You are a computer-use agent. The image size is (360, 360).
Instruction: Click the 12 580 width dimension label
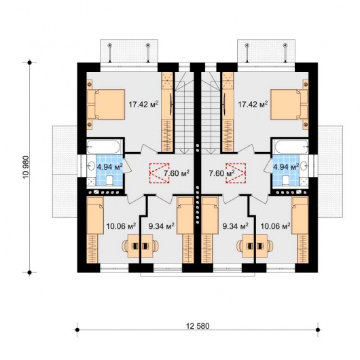tap(198, 326)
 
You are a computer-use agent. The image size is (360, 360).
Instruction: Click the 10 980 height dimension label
tap(26, 167)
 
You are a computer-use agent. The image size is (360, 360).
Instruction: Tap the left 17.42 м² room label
tap(143, 105)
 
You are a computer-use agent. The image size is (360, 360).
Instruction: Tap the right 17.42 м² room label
tap(253, 105)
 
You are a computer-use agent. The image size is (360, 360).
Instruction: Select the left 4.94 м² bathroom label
tap(110, 166)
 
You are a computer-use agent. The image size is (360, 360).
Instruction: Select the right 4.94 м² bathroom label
tap(286, 166)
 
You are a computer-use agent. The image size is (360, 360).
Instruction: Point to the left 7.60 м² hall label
tap(177, 173)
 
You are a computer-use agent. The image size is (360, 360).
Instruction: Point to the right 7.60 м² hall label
tap(221, 173)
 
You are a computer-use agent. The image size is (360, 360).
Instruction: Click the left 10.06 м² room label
tap(121, 226)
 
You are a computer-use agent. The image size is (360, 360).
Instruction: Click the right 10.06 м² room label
tap(275, 226)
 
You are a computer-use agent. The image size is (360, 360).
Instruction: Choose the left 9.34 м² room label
tap(161, 226)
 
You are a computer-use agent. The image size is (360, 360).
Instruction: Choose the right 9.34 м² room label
tap(236, 226)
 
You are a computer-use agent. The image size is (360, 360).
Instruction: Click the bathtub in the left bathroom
tap(103, 147)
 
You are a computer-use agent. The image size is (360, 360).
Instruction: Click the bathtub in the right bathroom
tap(291, 147)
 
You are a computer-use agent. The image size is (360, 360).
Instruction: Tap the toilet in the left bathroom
tap(109, 181)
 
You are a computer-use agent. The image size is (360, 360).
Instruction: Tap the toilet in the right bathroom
tap(286, 181)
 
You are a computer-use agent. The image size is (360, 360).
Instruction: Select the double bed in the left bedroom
tap(106, 105)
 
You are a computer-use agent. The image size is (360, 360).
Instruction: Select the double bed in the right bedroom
tap(289, 105)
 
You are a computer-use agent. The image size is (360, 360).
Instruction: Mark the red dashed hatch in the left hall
tap(160, 173)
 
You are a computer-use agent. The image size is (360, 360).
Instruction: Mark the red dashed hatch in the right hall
tap(236, 173)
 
